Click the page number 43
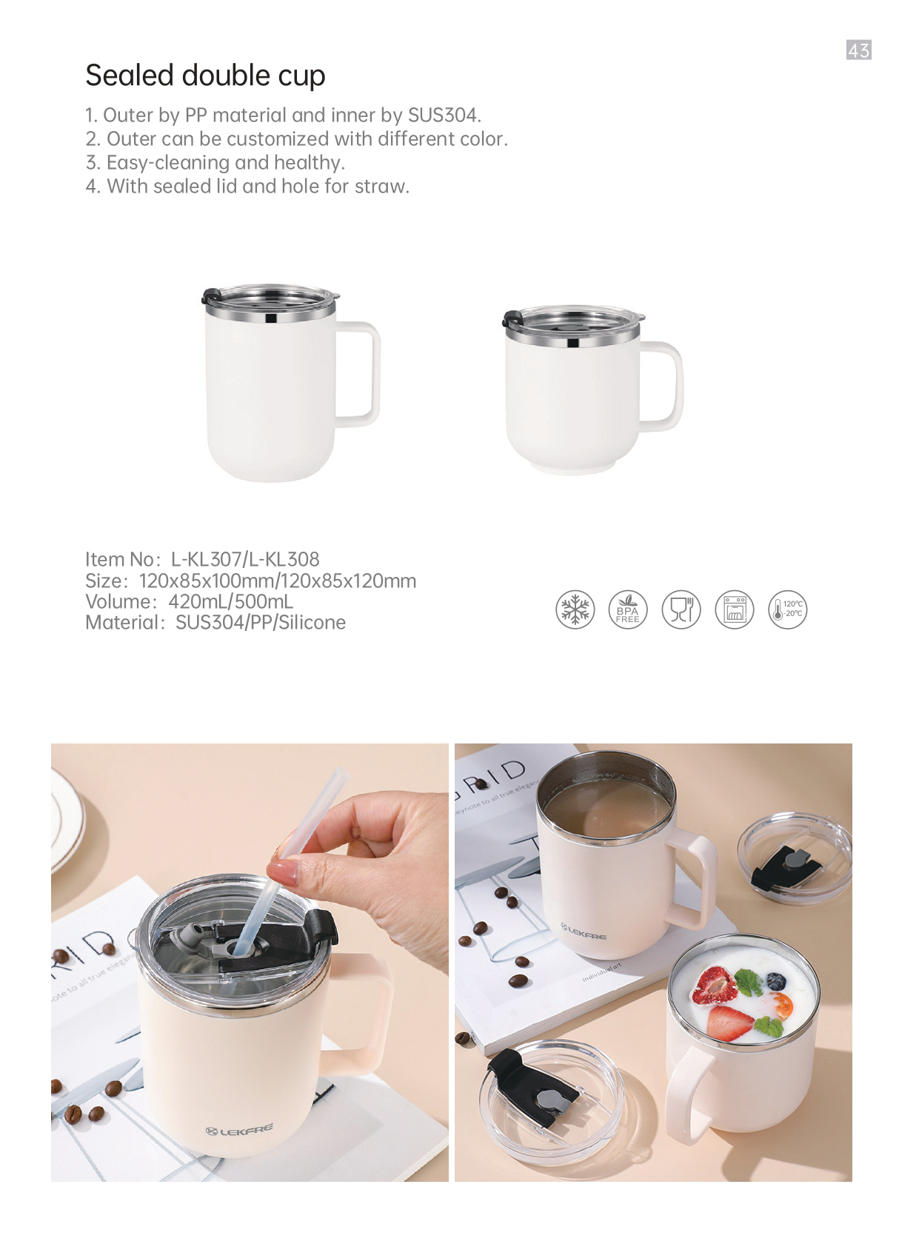pos(858,50)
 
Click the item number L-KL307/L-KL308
pos(245,559)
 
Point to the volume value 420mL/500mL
pos(230,601)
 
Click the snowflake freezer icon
pos(575,609)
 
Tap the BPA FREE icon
pos(628,609)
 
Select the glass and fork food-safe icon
pos(681,609)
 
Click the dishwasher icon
pos(734,609)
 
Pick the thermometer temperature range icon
pos(787,609)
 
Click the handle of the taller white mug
pos(375,373)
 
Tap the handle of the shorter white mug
pos(678,385)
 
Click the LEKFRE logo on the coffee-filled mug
pos(583,932)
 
